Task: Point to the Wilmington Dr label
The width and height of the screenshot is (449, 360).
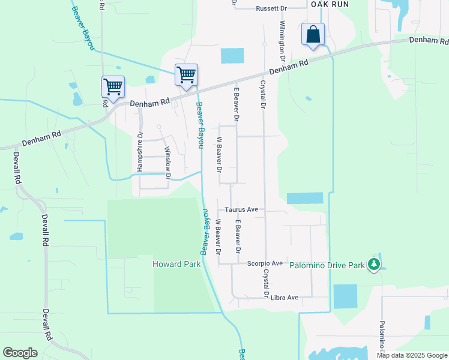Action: click(282, 40)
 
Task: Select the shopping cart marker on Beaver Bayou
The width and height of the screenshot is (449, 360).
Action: click(186, 75)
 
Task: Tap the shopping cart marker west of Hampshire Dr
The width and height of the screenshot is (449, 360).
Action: click(113, 87)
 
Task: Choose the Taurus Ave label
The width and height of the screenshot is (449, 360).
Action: click(241, 210)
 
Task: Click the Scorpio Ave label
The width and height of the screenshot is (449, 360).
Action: click(265, 263)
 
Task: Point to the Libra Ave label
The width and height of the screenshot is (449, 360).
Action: click(285, 298)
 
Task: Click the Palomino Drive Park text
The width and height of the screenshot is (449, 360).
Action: click(327, 265)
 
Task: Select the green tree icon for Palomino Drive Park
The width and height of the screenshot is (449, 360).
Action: click(374, 263)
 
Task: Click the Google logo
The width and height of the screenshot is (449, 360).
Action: click(20, 353)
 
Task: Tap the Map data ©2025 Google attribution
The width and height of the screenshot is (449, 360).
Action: click(412, 355)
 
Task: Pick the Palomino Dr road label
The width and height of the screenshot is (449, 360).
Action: click(381, 336)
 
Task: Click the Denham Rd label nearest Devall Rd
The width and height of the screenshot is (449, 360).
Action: click(43, 139)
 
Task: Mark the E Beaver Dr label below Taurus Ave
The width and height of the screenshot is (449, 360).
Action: click(238, 235)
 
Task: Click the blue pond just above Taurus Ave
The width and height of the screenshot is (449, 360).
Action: click(305, 199)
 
